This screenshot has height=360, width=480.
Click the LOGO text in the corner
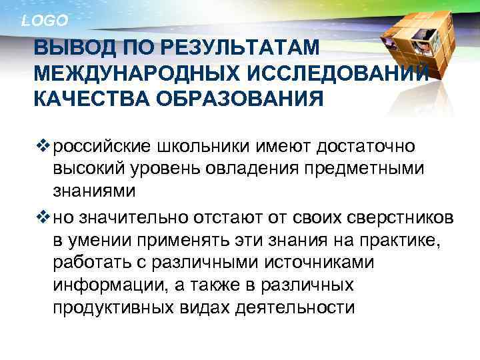[x=45, y=21]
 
